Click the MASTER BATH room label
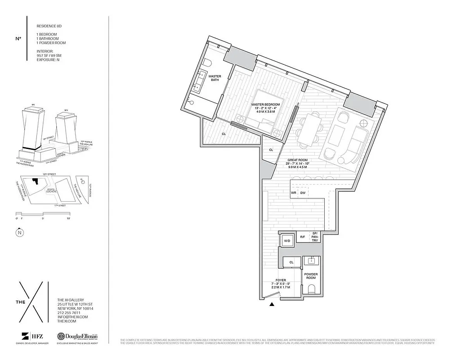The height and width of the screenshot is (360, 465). tap(214, 78)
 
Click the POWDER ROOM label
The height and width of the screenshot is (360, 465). tap(311, 276)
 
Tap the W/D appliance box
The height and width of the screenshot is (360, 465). tap(286, 241)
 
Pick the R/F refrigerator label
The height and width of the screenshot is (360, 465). tap(303, 237)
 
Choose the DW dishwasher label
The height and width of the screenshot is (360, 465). tap(303, 193)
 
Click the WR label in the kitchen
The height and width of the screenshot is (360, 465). tap(293, 193)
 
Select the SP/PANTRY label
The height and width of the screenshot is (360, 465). tap(315, 237)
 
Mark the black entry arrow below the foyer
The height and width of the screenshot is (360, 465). tap(272, 305)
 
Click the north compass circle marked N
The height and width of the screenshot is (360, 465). tap(19, 233)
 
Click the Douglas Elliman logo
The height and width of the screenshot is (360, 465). tap(77, 337)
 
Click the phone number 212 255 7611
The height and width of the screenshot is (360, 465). tap(69, 313)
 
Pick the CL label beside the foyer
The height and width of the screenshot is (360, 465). tap(291, 261)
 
